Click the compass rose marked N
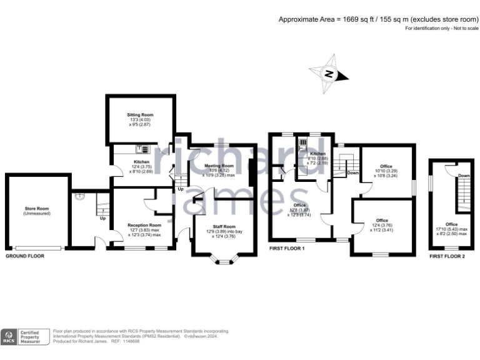click(x=329, y=74)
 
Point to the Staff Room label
click(x=224, y=226)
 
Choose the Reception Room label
click(x=144, y=225)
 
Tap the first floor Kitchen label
click(x=318, y=154)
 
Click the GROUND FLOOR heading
click(x=25, y=256)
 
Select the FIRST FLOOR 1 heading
click(x=287, y=249)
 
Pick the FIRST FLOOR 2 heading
click(x=447, y=256)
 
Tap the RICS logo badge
click(x=9, y=337)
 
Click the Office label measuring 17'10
click(x=451, y=224)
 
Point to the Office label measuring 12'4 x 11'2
click(x=382, y=221)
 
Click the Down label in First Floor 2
click(x=463, y=176)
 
